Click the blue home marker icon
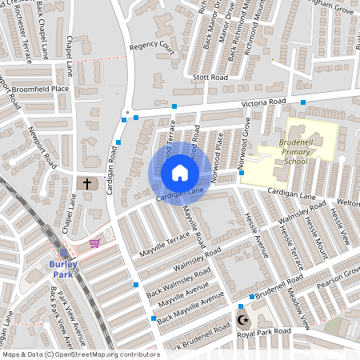pyautogui.click(x=179, y=172)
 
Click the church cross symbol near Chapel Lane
pyautogui.click(x=87, y=184)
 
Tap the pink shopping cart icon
pyautogui.click(x=95, y=243)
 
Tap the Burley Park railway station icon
pyautogui.click(x=64, y=253)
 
